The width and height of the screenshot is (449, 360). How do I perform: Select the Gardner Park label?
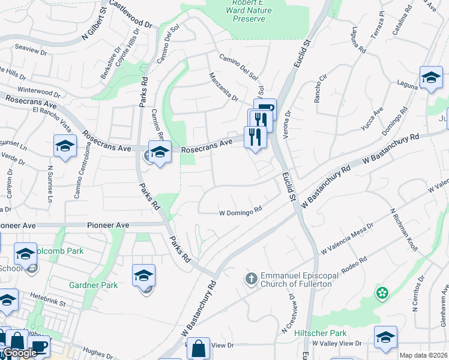pyautogui.click(x=93, y=286)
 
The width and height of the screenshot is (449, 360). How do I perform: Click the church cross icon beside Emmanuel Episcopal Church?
pyautogui.click(x=251, y=278)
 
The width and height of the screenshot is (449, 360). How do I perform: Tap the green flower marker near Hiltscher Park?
pyautogui.click(x=382, y=293)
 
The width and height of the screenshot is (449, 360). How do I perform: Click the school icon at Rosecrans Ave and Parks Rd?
pyautogui.click(x=160, y=152)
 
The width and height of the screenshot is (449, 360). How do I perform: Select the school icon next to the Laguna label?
pyautogui.click(x=431, y=77)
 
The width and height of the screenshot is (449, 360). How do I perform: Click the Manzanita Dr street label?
pyautogui.click(x=223, y=86)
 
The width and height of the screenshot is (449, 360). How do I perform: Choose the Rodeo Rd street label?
pyautogui.click(x=354, y=263)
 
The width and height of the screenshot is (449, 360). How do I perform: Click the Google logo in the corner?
pyautogui.click(x=19, y=353)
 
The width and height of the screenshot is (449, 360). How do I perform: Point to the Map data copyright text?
pyautogui.click(x=423, y=355)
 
